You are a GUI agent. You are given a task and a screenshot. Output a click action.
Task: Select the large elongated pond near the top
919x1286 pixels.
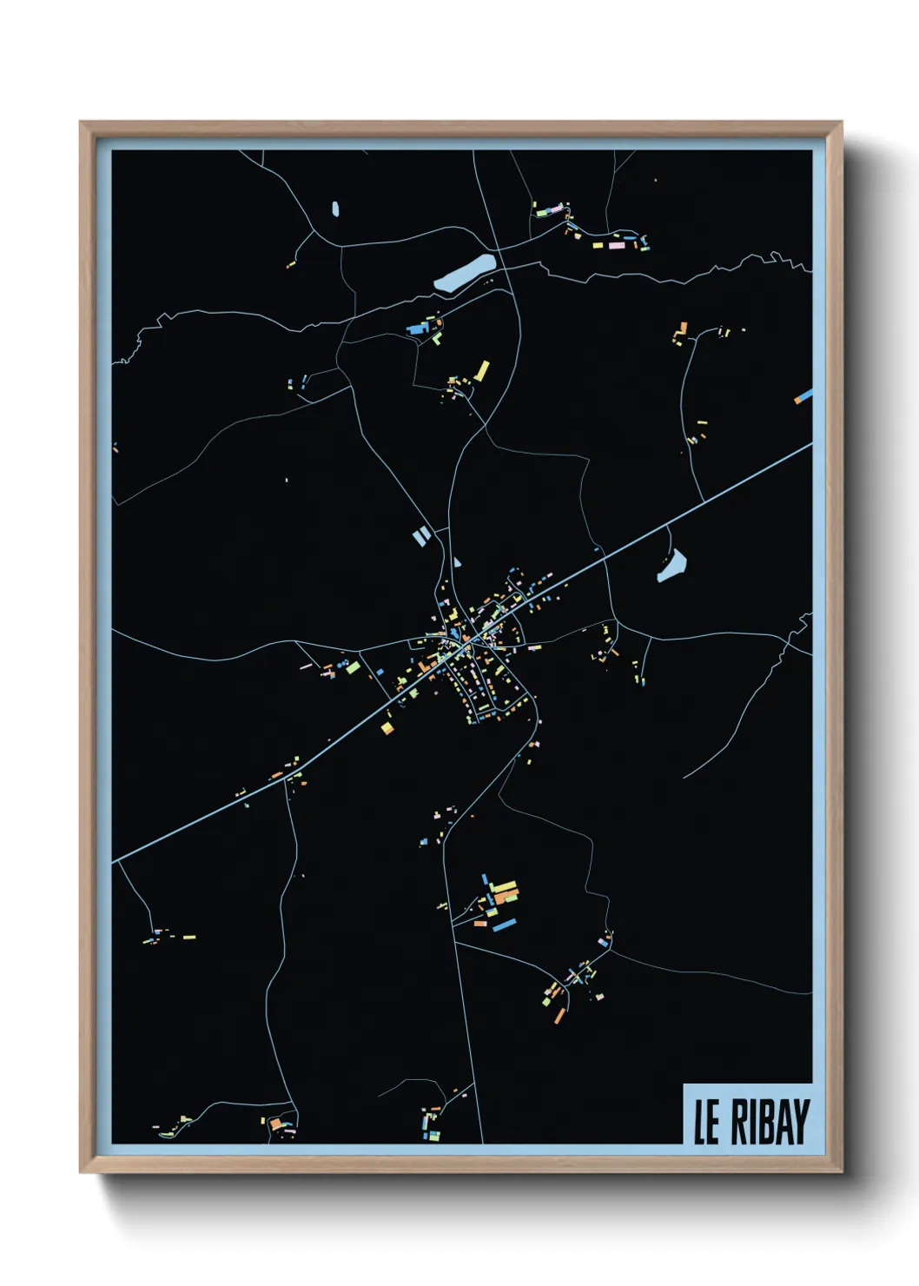[465, 272]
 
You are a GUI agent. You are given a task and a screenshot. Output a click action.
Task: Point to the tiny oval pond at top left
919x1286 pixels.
[335, 209]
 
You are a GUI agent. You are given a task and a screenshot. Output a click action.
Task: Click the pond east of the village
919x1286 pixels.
[672, 565]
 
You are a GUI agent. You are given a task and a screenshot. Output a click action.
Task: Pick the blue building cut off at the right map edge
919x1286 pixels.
[803, 396]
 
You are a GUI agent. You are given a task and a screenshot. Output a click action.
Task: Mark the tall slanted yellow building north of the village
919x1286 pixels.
[481, 371]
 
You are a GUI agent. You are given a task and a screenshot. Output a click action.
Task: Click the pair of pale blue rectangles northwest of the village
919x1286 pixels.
[420, 537]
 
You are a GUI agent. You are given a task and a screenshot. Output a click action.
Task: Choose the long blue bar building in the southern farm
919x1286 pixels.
[504, 924]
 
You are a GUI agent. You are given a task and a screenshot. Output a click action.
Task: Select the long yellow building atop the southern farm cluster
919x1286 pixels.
[505, 887]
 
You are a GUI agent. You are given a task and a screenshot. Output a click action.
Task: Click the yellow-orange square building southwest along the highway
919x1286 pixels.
[387, 727]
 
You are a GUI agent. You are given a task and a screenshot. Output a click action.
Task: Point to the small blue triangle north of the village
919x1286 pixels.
[457, 562]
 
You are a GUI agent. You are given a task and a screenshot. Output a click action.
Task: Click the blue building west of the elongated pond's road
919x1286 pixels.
[416, 328]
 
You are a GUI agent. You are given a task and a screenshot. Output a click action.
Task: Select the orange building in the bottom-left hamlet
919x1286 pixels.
[276, 1124]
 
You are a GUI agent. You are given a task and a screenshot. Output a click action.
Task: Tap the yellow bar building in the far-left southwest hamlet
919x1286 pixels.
[188, 937]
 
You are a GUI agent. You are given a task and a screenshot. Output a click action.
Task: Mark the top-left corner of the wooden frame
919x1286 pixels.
[81, 123]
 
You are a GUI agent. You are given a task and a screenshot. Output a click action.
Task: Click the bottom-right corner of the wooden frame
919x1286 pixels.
[841, 1171]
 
